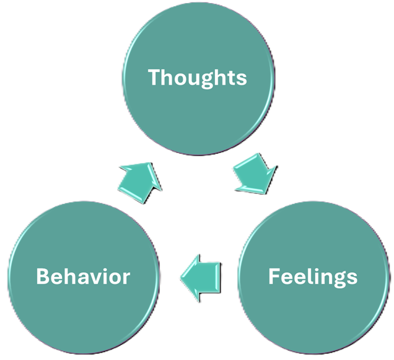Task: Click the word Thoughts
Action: (197, 77)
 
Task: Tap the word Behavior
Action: (83, 276)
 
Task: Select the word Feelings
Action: (313, 276)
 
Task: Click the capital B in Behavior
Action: (43, 276)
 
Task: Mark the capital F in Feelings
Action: (274, 276)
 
